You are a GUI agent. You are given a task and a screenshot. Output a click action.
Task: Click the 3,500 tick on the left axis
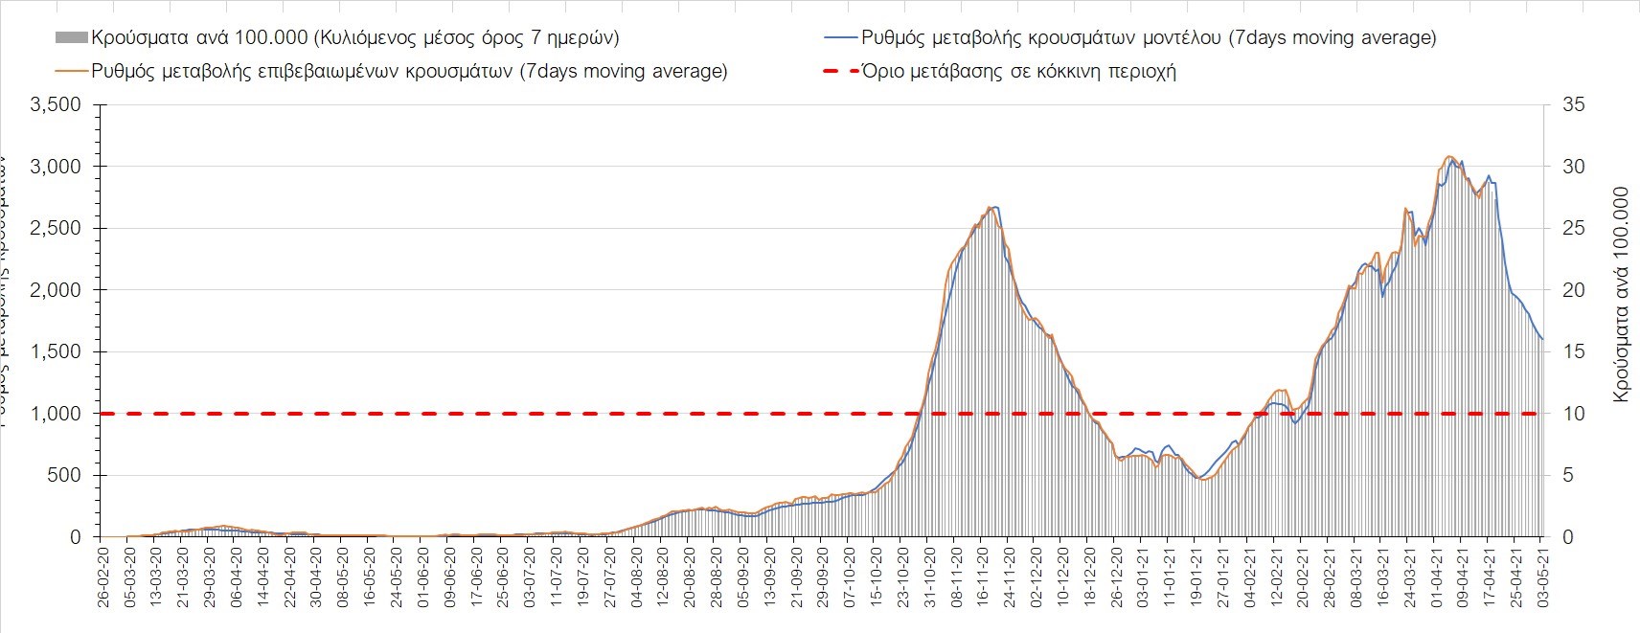[x=57, y=104]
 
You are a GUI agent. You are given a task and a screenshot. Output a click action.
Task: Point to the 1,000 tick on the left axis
[x=57, y=414]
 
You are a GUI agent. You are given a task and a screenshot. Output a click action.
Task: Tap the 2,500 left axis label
[x=57, y=228]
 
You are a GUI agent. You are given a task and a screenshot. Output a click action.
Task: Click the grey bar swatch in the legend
[x=71, y=39]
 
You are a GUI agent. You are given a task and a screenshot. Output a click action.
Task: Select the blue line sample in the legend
[x=839, y=39]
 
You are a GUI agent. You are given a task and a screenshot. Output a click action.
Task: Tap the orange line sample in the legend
[x=71, y=71]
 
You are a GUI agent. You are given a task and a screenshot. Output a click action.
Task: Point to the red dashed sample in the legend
[x=839, y=71]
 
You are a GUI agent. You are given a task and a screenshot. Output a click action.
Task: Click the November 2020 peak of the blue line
[x=995, y=207]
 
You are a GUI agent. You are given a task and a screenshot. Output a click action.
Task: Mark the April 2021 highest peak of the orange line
[x=1449, y=156]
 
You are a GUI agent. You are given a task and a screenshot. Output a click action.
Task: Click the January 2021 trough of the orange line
[x=1203, y=480]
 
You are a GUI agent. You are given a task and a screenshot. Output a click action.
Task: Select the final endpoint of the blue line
[x=1542, y=339]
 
